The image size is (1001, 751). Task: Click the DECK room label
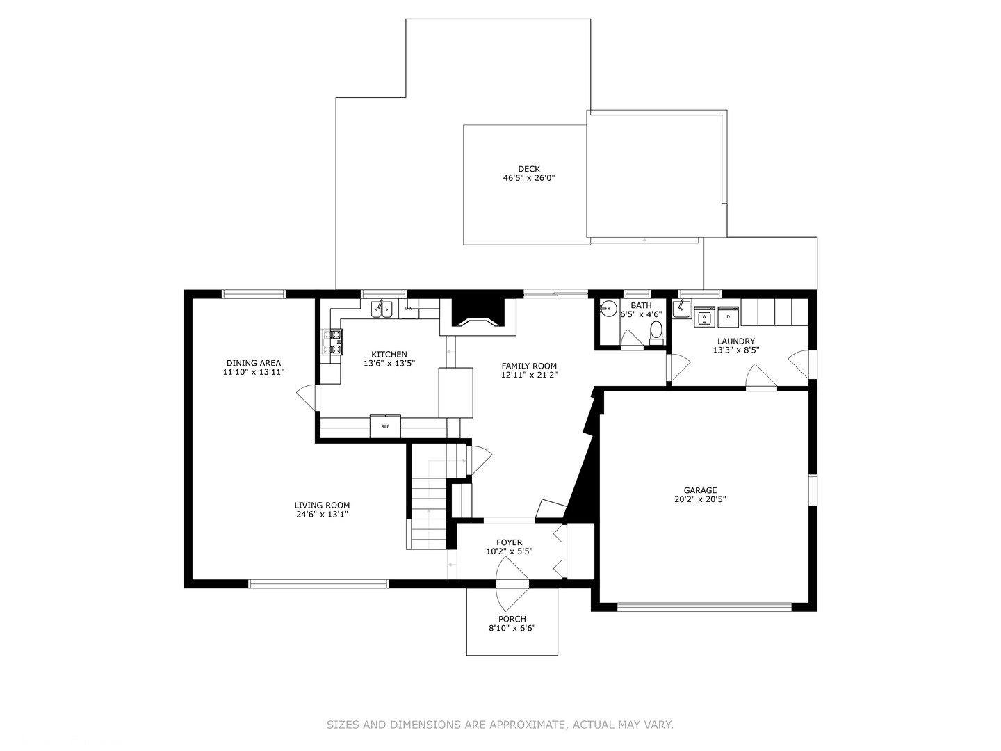528,169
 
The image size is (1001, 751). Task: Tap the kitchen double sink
382,309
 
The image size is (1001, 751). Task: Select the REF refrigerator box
385,426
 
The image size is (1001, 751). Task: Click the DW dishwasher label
409,308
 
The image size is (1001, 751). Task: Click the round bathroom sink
608,309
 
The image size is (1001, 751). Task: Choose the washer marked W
705,316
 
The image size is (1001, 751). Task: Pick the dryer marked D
728,316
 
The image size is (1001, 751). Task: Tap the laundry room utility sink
681,308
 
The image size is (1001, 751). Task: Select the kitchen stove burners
332,342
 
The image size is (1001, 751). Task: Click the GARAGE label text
700,491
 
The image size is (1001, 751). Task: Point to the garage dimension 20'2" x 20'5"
700,499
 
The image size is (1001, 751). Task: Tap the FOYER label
509,542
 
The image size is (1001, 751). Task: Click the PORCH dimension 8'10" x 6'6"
512,628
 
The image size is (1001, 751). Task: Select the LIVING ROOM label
322,506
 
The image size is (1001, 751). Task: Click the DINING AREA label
254,363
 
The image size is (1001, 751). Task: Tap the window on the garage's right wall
813,490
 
